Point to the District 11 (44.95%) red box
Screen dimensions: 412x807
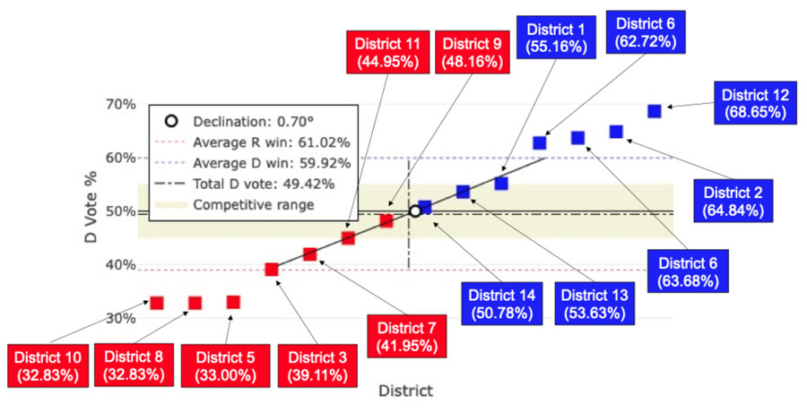386,53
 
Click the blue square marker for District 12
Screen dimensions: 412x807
655,111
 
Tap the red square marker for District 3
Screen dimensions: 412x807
272,270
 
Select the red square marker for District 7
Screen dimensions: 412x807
310,254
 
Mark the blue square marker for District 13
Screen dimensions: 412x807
463,192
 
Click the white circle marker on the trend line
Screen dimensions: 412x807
415,211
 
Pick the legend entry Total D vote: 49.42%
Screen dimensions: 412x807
265,184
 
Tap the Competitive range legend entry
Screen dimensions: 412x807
255,205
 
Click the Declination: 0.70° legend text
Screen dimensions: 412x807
256,121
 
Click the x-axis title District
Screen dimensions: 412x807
406,391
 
